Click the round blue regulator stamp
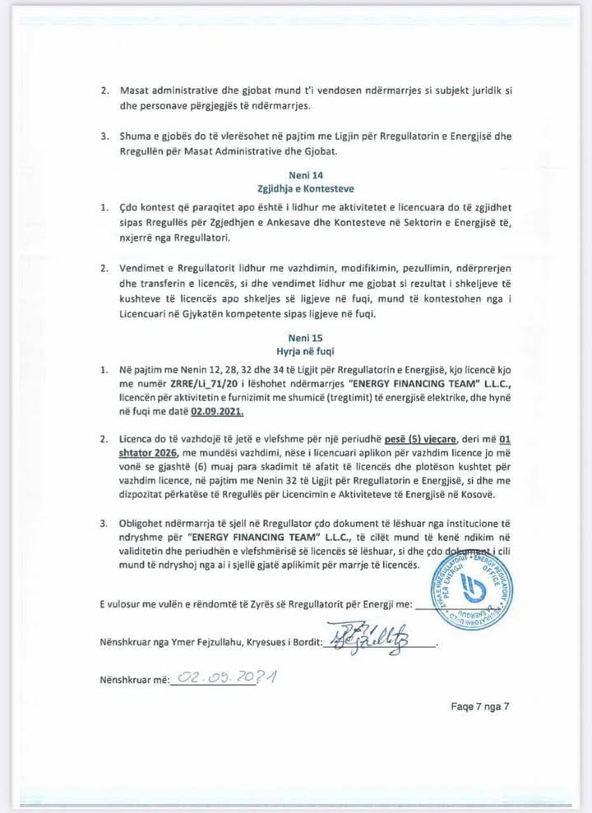coord(472,588)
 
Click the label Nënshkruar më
coord(133,680)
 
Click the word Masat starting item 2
coord(136,90)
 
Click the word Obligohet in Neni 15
coord(147,523)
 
